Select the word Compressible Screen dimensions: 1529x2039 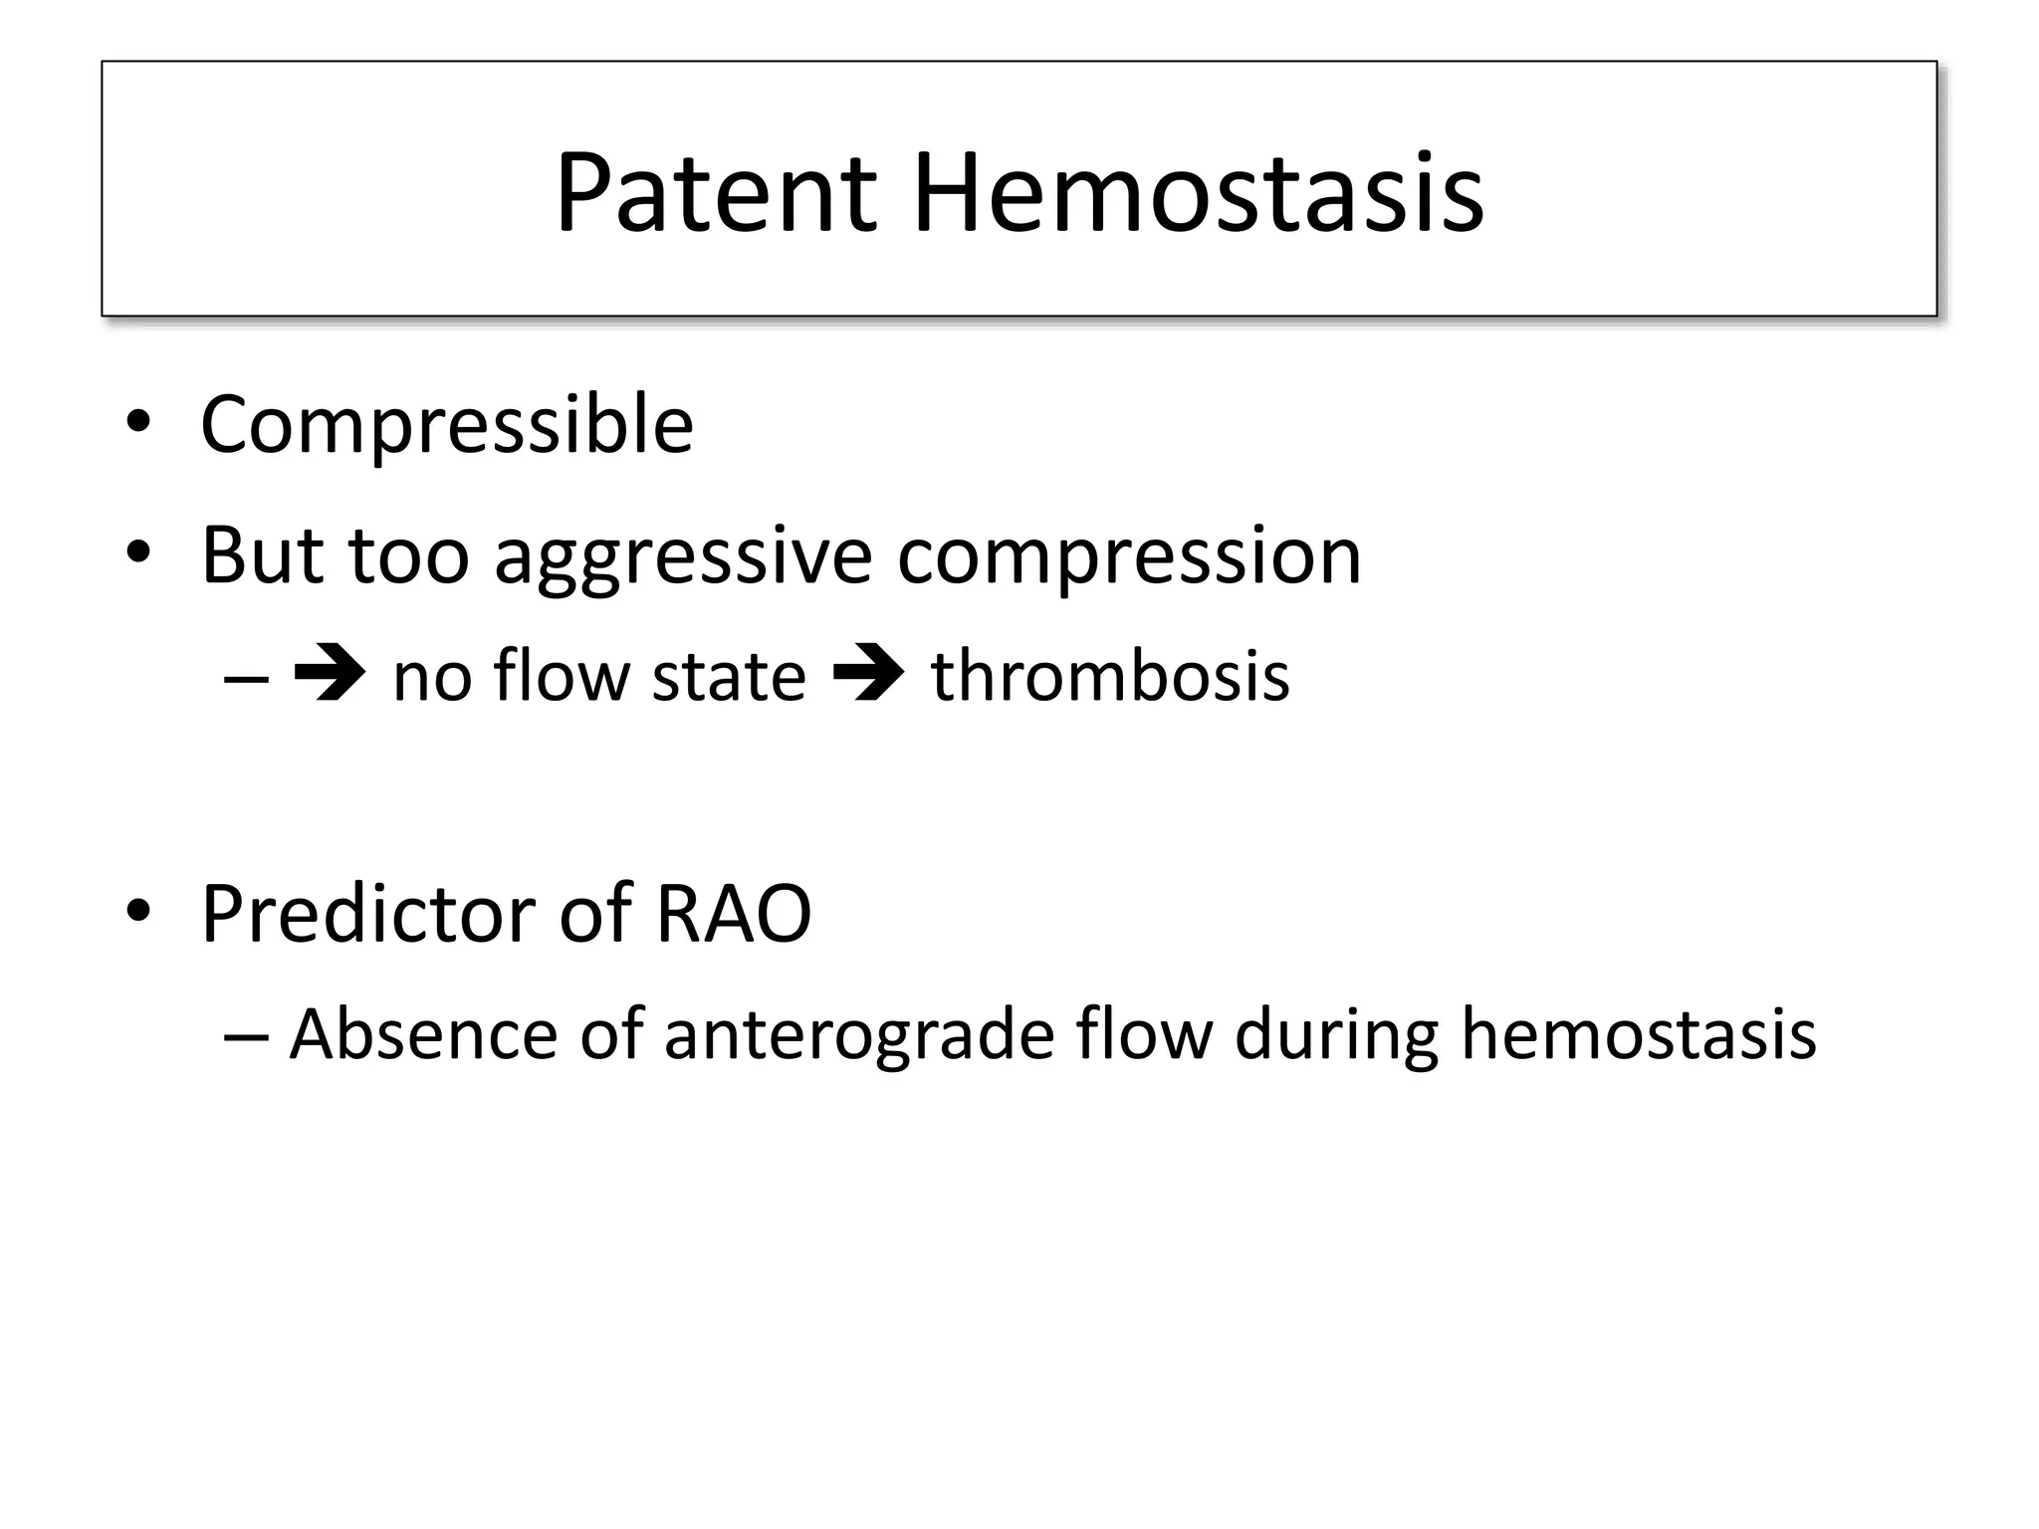click(x=447, y=425)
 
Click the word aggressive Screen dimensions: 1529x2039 click(x=683, y=557)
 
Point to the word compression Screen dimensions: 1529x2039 click(x=1128, y=557)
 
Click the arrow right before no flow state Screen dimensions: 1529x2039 click(x=330, y=676)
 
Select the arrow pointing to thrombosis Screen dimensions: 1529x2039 click(x=867, y=676)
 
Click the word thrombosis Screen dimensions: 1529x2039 click(x=1110, y=676)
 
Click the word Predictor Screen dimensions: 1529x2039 click(x=367, y=913)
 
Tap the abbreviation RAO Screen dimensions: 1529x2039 click(x=734, y=913)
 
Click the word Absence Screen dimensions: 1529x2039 click(x=424, y=1033)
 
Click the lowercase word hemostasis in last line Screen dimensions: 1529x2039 click(x=1638, y=1033)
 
